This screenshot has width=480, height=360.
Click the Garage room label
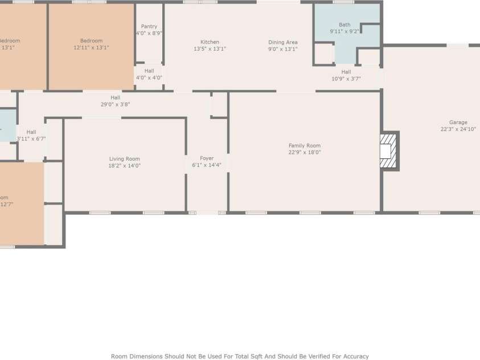(458, 122)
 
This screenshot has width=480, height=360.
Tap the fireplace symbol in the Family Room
(388, 151)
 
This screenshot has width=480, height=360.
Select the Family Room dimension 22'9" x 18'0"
(305, 152)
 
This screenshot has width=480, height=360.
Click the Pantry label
(149, 26)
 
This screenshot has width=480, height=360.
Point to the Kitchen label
(210, 42)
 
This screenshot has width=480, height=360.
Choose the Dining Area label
(283, 42)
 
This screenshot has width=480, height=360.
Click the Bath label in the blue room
(344, 24)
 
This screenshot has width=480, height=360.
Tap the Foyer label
(207, 158)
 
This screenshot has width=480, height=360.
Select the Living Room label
(125, 159)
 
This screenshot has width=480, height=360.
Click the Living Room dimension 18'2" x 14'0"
(125, 166)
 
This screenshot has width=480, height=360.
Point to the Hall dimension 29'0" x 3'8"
(115, 104)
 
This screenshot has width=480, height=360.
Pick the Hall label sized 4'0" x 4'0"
(149, 71)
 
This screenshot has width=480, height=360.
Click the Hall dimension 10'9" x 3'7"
(346, 79)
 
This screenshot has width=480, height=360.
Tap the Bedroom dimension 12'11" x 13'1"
(91, 48)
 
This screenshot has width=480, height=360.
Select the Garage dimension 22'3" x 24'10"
(458, 129)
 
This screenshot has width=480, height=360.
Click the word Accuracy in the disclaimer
(354, 356)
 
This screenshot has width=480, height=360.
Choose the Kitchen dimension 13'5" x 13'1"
(210, 49)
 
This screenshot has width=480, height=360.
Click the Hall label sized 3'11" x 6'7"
(31, 132)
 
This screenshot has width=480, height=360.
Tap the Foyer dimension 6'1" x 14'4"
(207, 165)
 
